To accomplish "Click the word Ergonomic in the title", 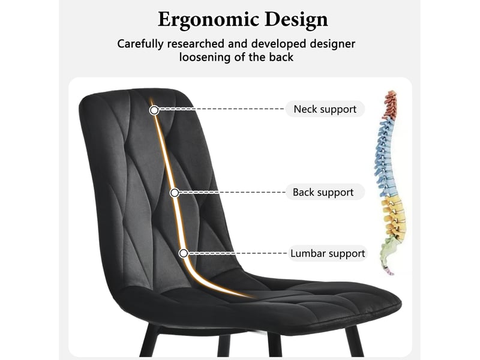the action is click(x=208, y=20).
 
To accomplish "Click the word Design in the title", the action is click(x=296, y=19).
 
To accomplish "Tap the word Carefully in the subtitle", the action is click(x=140, y=44).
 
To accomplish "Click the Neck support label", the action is click(x=325, y=109).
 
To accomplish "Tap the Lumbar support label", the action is click(x=328, y=253).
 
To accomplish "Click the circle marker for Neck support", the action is click(x=154, y=110).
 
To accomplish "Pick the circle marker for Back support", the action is click(x=175, y=193).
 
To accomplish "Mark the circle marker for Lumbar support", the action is click(x=184, y=253).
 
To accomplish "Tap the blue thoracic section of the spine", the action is click(x=385, y=158).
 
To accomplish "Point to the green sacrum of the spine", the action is click(x=387, y=251).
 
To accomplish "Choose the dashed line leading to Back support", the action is click(x=232, y=193).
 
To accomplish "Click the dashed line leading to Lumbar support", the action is click(x=238, y=253).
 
